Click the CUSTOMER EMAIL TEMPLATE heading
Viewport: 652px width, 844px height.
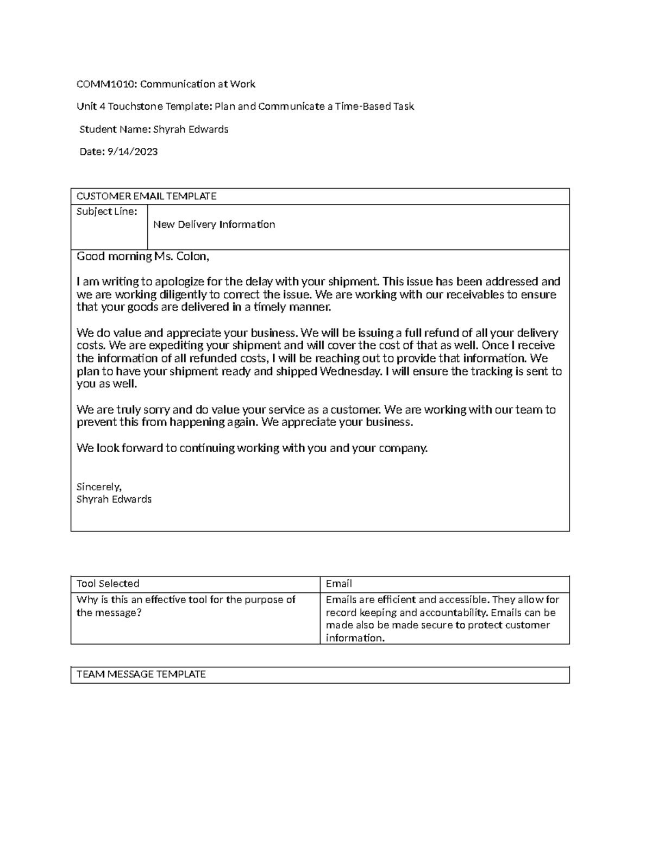[146, 196]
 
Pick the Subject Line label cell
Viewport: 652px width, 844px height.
[106, 211]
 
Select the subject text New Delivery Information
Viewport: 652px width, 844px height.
[214, 224]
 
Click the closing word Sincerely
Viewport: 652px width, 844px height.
[99, 486]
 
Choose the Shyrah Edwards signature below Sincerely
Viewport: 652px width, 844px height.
[114, 499]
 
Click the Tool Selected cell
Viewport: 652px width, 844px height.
[108, 584]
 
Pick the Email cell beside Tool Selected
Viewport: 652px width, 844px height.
[338, 584]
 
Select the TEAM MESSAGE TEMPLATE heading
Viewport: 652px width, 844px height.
[141, 674]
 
